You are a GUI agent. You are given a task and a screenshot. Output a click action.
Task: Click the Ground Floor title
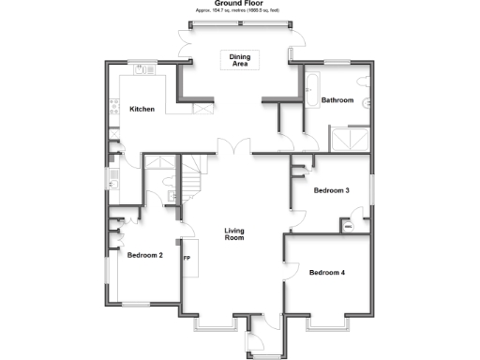239,4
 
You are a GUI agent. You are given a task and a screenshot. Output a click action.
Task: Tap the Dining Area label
240,59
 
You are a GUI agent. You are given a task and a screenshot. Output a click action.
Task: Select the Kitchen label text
142,110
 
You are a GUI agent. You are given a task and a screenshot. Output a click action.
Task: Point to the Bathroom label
336,99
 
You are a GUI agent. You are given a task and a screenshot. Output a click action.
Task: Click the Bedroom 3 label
331,190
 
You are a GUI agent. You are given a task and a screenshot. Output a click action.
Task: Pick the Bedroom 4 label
327,272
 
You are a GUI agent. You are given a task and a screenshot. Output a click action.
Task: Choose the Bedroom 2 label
145,255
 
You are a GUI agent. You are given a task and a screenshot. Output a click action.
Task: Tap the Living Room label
233,234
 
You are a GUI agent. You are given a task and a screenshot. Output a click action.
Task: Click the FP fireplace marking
187,259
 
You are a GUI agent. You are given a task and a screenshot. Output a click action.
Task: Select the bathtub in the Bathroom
311,94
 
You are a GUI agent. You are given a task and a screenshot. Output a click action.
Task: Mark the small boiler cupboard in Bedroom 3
348,226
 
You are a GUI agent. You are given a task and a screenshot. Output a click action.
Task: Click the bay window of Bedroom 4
328,324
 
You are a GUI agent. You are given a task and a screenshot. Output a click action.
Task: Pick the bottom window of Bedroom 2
138,304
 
